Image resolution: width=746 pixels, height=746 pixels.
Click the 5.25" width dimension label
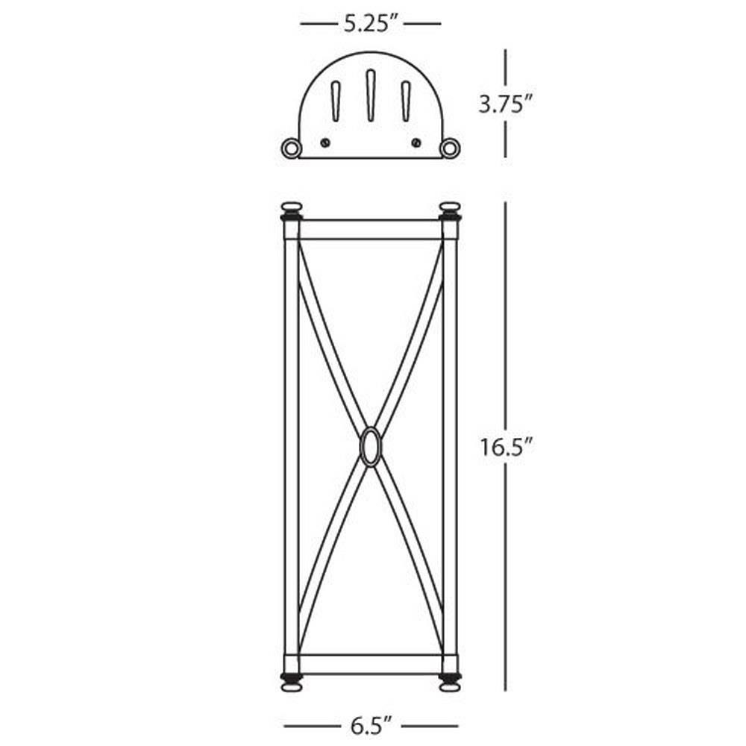(x=371, y=23)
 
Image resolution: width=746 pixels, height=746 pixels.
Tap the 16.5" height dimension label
(x=505, y=446)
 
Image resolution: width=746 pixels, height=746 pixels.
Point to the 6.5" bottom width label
(x=371, y=726)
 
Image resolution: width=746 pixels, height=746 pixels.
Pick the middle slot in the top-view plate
(x=371, y=95)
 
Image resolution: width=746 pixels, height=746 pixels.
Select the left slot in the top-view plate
(x=336, y=101)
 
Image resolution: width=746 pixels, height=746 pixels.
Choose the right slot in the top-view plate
(x=406, y=101)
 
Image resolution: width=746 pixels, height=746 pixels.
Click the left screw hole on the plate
(x=325, y=142)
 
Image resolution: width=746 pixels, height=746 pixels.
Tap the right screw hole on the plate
(x=416, y=142)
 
